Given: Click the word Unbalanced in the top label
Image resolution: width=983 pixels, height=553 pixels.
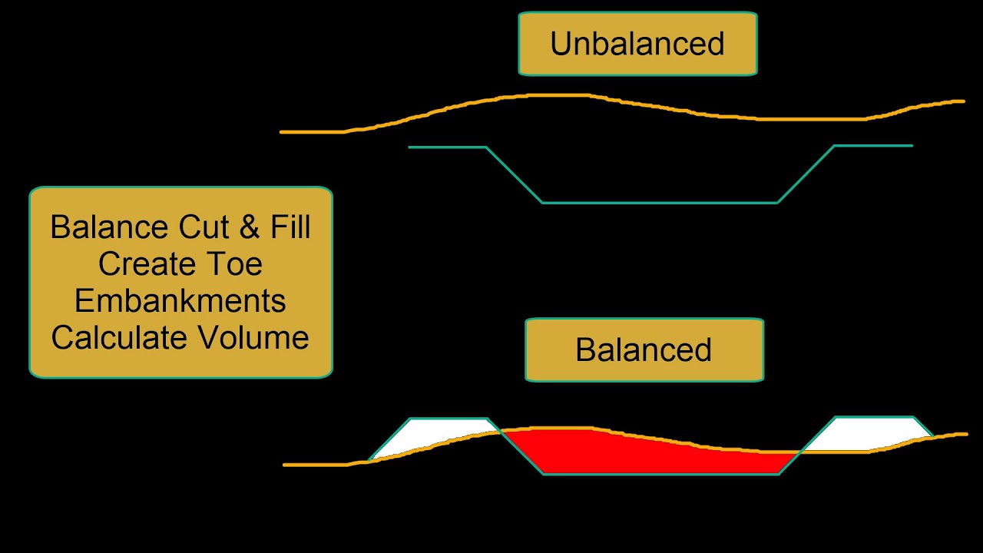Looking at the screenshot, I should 637,44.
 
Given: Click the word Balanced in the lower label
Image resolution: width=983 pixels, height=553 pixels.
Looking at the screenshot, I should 644,350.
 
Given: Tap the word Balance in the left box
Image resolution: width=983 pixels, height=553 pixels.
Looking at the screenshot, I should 109,228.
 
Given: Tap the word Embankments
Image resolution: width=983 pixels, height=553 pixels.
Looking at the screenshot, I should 180,301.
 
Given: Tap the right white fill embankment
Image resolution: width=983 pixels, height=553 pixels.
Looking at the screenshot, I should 868,434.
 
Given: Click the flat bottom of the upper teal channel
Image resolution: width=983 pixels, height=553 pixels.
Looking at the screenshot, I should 660,203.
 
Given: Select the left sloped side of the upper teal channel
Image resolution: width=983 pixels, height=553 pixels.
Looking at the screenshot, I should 515,175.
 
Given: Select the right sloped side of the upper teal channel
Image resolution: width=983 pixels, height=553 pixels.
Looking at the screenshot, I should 806,175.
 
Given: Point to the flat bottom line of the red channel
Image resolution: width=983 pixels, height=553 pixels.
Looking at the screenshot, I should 660,474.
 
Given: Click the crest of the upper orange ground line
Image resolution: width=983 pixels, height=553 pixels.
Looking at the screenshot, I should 553,95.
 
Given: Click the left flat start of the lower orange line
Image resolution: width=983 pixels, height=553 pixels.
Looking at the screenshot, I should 315,465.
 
